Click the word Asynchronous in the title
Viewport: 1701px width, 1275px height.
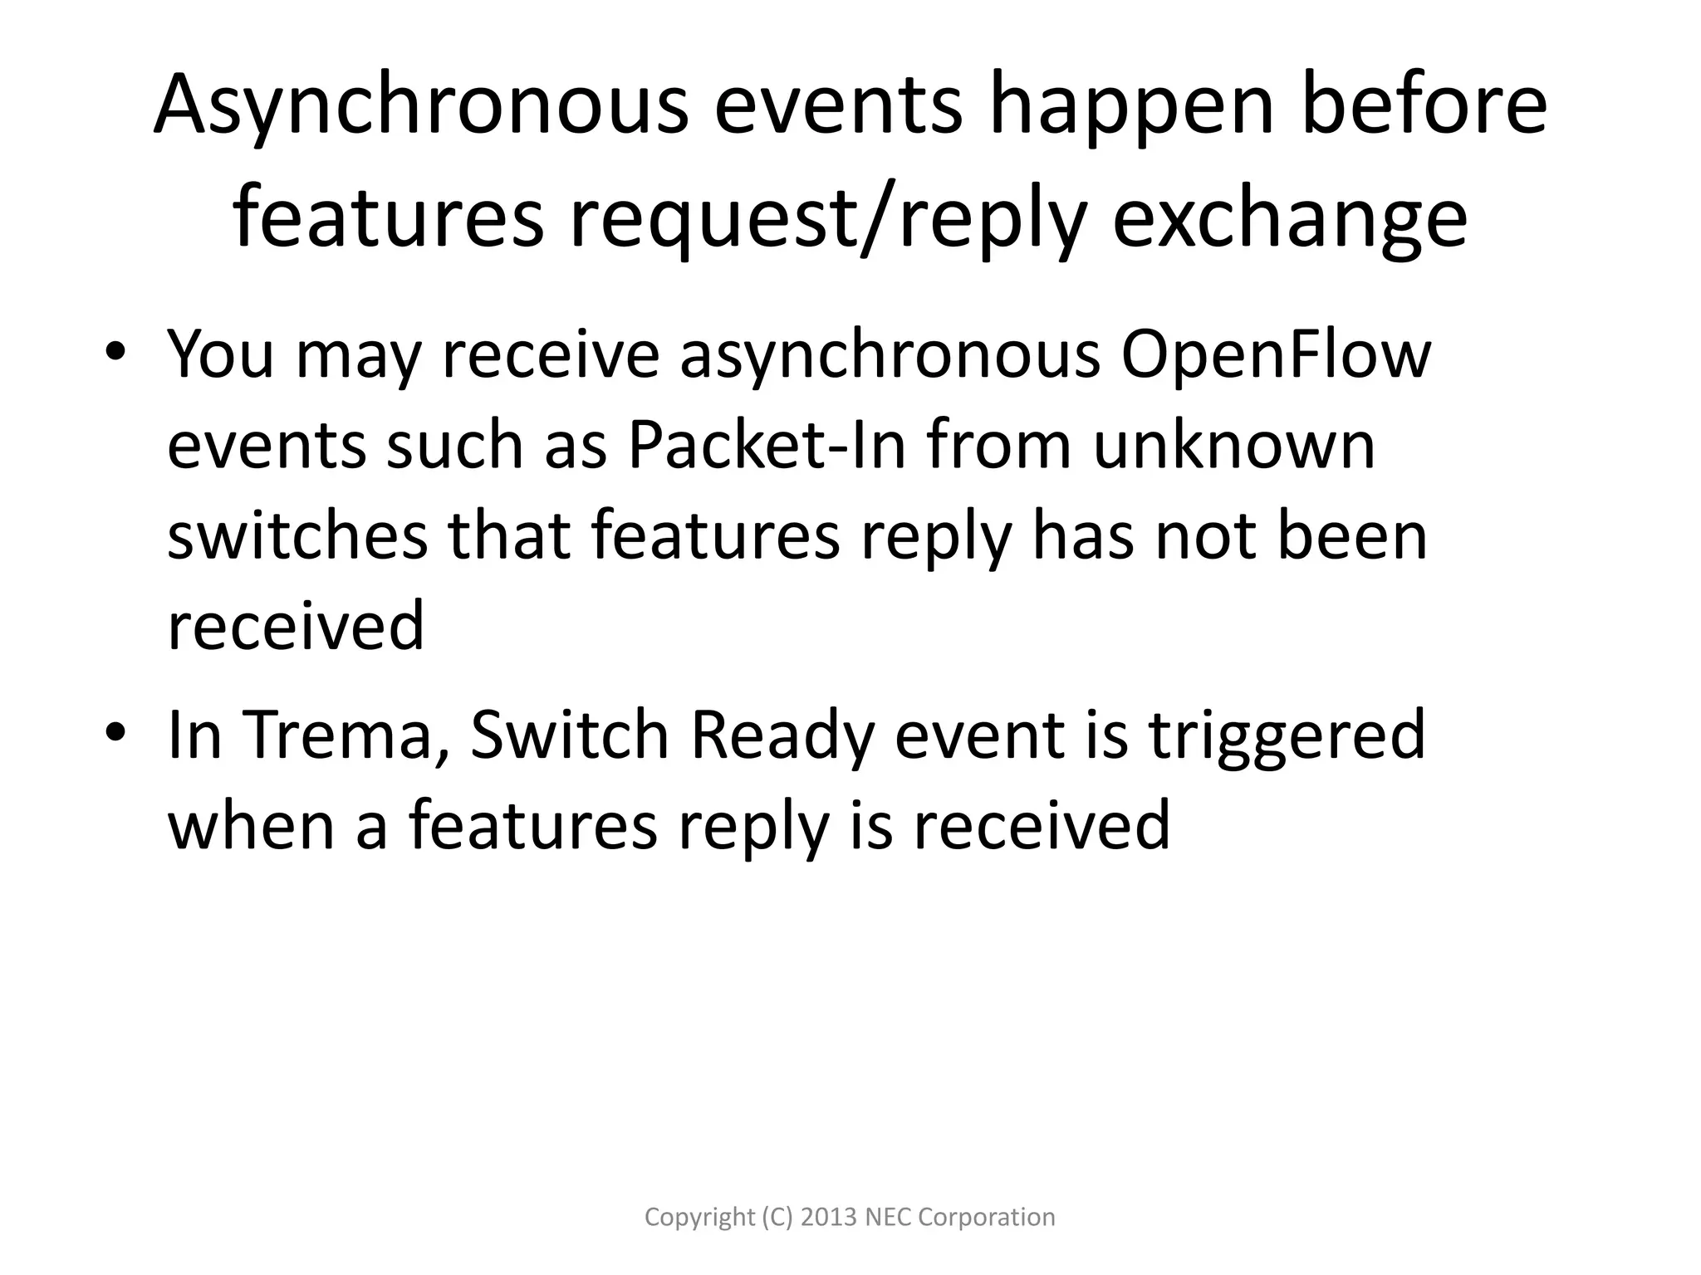[420, 106]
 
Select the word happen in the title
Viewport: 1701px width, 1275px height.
[1130, 106]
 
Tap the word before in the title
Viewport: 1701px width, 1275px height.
[1424, 106]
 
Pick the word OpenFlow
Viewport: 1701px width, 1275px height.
[1275, 354]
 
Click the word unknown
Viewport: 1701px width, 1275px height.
[1233, 446]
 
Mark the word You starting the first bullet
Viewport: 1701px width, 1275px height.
[220, 354]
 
